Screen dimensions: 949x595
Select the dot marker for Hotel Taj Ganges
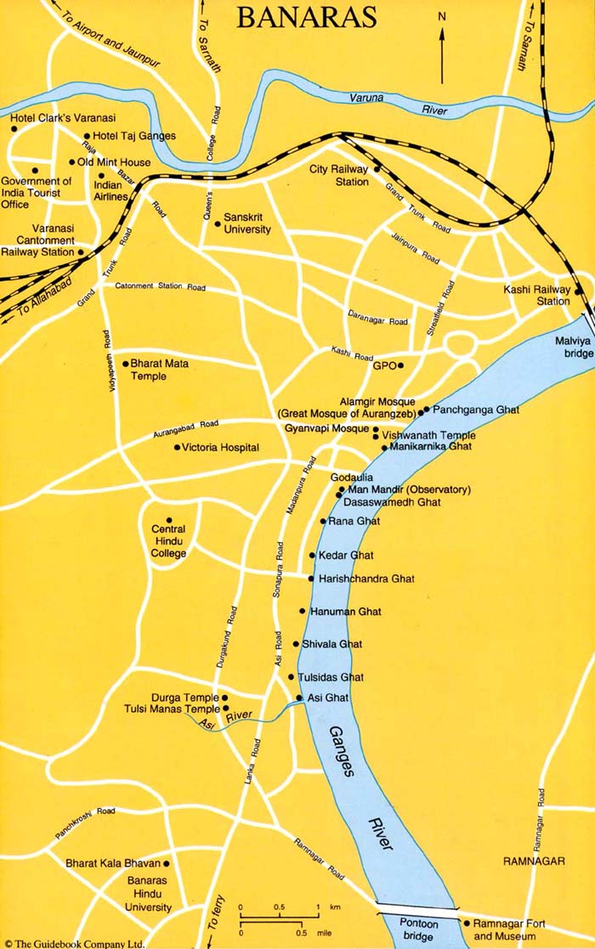(x=87, y=136)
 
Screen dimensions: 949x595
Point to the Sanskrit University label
(x=246, y=223)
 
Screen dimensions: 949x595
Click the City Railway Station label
(x=340, y=175)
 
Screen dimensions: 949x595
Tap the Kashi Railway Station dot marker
(x=577, y=291)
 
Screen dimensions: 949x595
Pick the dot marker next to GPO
(x=400, y=366)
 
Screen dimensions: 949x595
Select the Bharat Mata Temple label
(x=159, y=370)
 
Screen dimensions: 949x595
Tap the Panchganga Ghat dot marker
(x=427, y=410)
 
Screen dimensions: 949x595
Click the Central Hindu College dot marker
(x=168, y=520)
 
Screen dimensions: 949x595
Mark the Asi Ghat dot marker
(x=299, y=698)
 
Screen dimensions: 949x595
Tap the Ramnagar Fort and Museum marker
(x=467, y=923)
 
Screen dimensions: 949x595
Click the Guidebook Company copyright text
(x=72, y=942)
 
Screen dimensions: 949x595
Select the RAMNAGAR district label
(x=533, y=861)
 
